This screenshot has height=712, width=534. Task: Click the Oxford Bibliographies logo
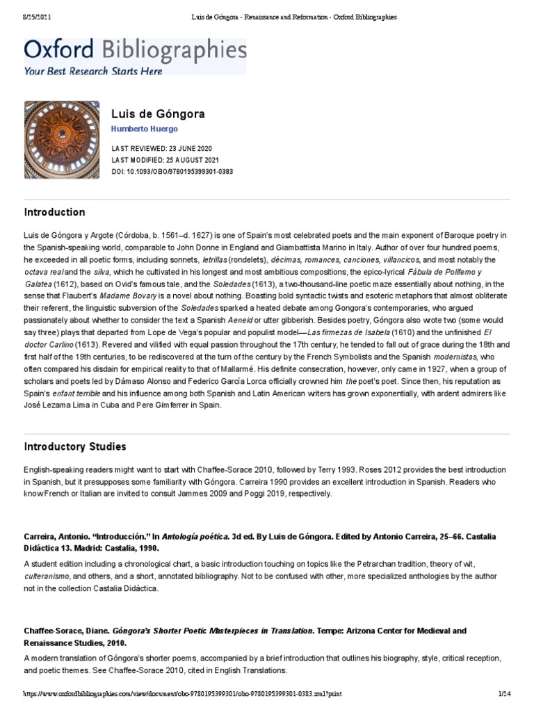pos(135,50)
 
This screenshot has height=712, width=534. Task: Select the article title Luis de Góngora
pos(158,113)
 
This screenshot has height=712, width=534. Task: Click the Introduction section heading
pos(55,212)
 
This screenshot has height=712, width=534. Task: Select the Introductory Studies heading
pos(75,446)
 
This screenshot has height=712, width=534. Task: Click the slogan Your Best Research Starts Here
pos(93,70)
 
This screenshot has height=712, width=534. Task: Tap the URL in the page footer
pos(182,694)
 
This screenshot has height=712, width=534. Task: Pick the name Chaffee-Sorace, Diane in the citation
pos(68,631)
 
